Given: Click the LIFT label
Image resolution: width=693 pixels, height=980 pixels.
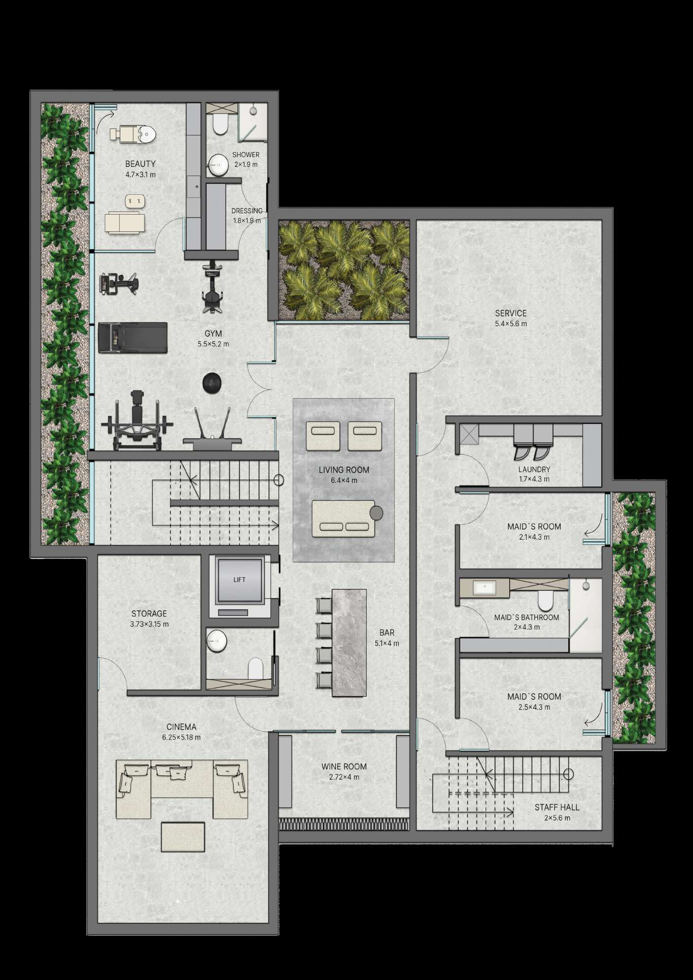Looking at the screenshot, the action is coord(239,579).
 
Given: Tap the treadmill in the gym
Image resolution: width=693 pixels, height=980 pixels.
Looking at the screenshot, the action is coord(132,337).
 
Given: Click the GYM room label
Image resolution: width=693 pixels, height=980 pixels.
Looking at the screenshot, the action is coord(214,334).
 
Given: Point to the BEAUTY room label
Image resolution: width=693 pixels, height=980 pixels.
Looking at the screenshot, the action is coord(141,164).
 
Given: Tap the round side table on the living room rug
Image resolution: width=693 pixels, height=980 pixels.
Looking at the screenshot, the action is coord(376,513).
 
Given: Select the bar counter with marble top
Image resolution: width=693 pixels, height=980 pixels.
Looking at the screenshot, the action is coord(349,642).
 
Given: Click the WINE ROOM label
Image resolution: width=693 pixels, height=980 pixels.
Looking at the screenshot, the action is coord(344,766).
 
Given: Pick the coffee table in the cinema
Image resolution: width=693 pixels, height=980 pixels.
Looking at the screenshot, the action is coord(183,837).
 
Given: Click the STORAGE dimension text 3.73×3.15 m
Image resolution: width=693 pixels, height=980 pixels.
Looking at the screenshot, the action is coord(150,624).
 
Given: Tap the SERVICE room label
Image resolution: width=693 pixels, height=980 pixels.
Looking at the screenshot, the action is coord(511,313).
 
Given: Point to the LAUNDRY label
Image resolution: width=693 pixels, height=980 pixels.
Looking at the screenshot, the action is coord(534,470).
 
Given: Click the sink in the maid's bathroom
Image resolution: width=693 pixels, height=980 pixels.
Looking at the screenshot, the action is coord(485,588).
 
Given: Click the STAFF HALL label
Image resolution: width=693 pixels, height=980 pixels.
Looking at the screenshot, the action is coord(557,807).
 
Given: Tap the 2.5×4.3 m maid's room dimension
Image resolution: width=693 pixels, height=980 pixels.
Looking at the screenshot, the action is coord(534,707).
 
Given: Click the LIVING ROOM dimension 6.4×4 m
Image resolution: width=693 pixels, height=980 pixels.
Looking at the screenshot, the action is coord(344,480).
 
